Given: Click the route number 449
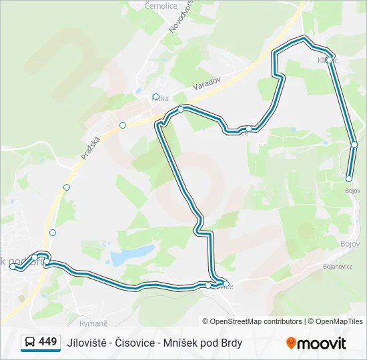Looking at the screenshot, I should click(x=48, y=342).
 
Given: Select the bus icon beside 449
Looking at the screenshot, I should click(x=31, y=343).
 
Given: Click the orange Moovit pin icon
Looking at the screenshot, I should click(x=291, y=343).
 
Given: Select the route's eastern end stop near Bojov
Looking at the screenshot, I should click(x=349, y=179).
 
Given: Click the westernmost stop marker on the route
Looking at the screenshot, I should click(x=13, y=267).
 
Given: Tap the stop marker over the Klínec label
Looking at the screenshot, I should click(x=330, y=60).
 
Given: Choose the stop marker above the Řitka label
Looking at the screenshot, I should click(x=156, y=97).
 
